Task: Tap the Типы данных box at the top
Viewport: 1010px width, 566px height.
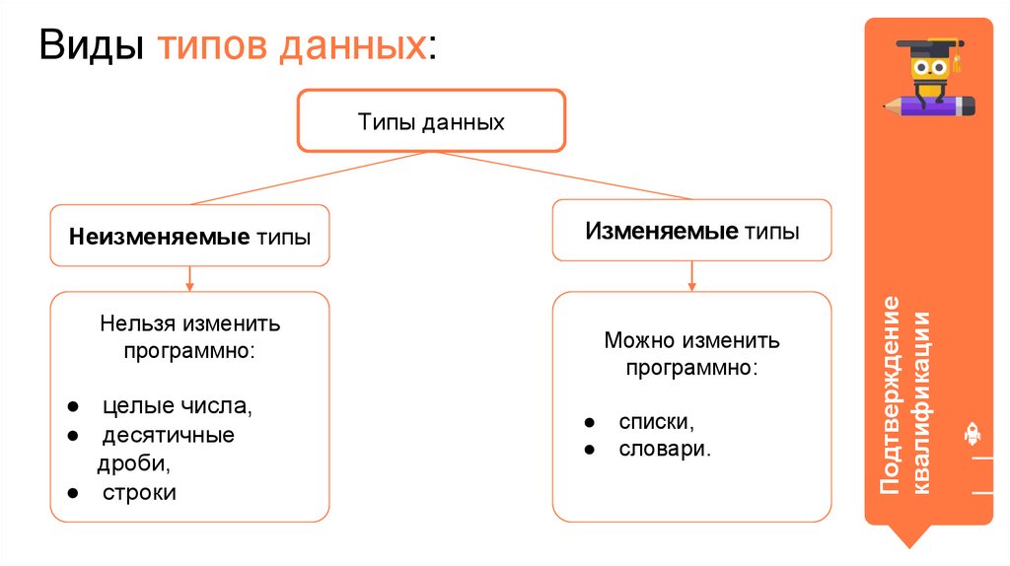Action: click(x=431, y=121)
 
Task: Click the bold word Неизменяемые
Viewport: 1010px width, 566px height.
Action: click(x=159, y=238)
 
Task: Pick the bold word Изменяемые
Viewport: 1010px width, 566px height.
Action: click(x=662, y=231)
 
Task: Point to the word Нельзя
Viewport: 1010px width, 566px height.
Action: click(x=136, y=322)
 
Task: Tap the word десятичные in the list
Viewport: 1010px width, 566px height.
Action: click(x=169, y=435)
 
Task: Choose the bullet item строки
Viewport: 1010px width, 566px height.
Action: click(x=139, y=492)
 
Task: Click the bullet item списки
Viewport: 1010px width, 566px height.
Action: click(x=656, y=422)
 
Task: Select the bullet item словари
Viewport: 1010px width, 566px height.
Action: click(x=665, y=449)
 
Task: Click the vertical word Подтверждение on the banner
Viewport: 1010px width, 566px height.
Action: click(x=891, y=394)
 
